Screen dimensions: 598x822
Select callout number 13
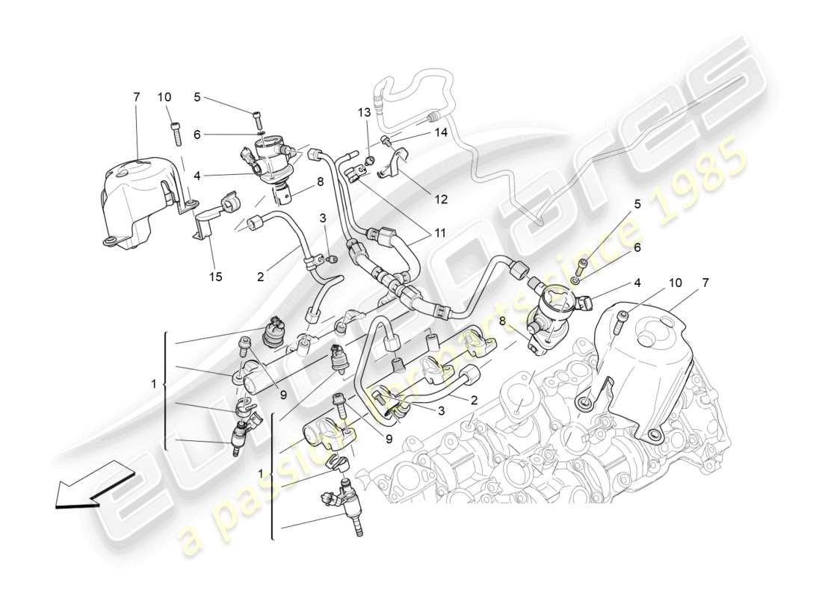364,112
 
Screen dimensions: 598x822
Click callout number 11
441,233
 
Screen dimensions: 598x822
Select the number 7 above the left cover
136,97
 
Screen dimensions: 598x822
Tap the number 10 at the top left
164,97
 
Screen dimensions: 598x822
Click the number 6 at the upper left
197,135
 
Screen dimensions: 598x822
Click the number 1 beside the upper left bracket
153,384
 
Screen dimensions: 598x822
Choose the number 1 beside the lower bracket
260,474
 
